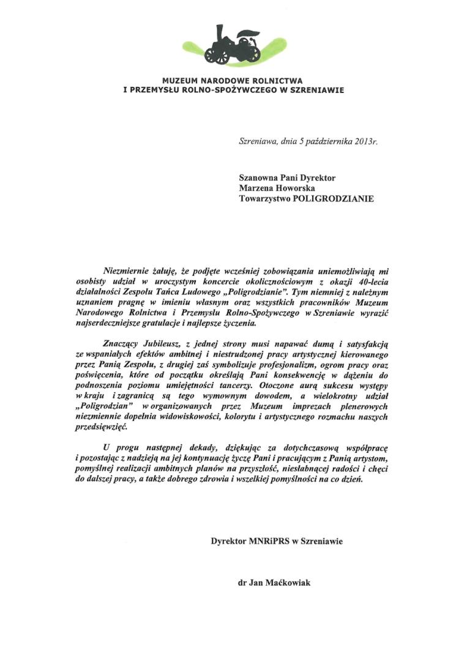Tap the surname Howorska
[297, 188]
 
